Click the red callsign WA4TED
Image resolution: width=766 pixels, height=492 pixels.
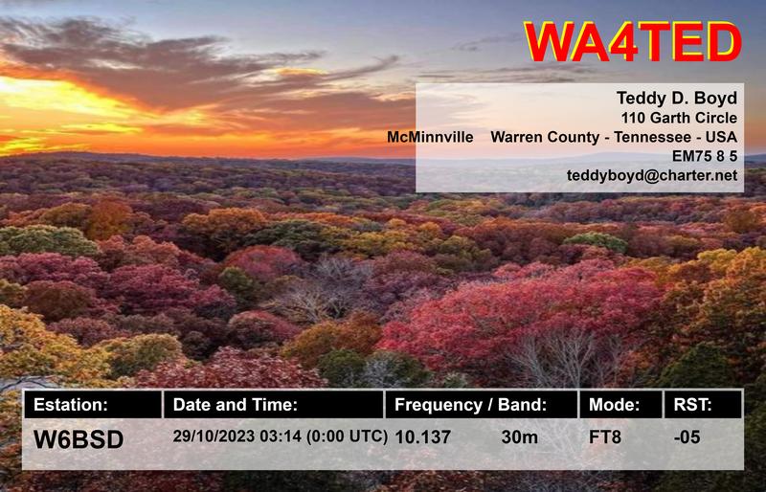point(633,42)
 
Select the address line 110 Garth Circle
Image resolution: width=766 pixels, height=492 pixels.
point(679,119)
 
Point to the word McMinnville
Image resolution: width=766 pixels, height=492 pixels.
point(430,138)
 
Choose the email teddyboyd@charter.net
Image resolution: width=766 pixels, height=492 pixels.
point(665,176)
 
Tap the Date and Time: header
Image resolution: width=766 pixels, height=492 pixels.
point(236,405)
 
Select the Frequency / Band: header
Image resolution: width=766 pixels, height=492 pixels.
point(470,405)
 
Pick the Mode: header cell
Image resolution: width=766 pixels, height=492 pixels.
point(613,405)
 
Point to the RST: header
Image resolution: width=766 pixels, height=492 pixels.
point(693,405)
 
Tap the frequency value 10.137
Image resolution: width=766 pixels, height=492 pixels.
point(422,437)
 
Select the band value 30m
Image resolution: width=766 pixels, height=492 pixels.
point(519,437)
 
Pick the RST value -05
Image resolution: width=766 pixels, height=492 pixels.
point(686,437)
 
